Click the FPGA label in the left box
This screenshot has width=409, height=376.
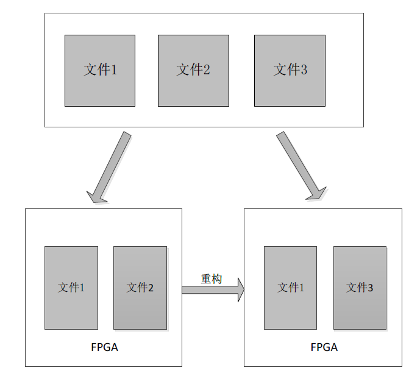104,347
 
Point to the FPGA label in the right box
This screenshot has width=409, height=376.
324,347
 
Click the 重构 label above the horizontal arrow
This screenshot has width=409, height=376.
211,278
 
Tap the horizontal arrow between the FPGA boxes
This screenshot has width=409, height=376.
207,289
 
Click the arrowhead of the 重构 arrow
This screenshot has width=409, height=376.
240,289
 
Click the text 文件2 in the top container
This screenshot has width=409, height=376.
193,70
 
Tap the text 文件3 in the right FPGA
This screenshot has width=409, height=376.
360,288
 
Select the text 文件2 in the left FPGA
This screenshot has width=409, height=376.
140,288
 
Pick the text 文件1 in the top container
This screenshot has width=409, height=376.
100,70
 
